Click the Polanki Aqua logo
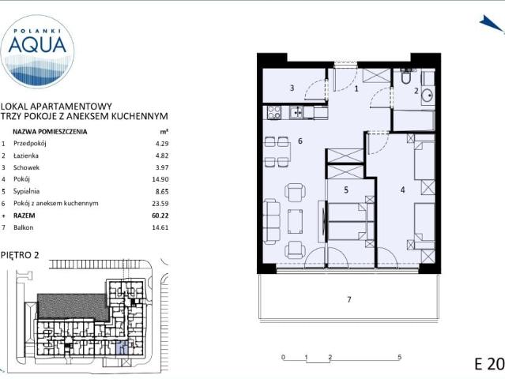point(37,51)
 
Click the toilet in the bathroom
point(405,77)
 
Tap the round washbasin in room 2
point(428,95)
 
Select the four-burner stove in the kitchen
point(273,113)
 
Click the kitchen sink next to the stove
point(296,113)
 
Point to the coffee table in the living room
point(295,221)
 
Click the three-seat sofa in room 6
point(272,221)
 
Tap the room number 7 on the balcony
point(349,299)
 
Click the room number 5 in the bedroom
point(346,189)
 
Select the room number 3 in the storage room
point(292,88)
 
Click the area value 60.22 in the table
point(160,216)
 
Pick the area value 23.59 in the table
point(160,204)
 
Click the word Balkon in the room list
point(23,227)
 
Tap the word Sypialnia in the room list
point(26,191)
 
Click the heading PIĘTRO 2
point(20,255)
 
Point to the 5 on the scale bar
point(399,357)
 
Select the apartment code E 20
point(489,364)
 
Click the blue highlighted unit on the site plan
point(122,348)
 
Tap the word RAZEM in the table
point(24,216)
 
